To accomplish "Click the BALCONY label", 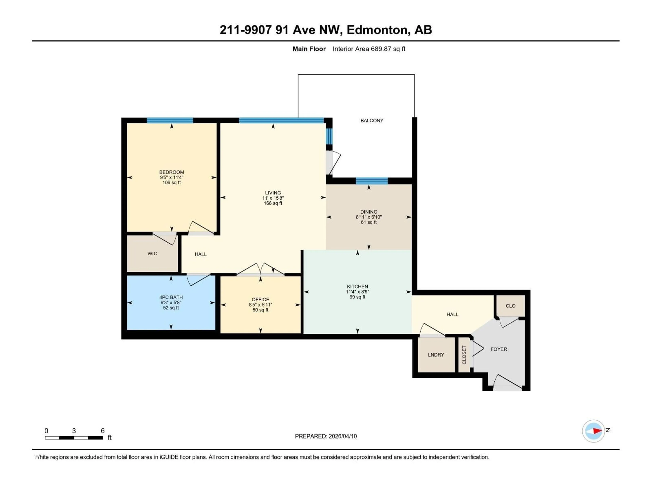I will [x=372, y=121].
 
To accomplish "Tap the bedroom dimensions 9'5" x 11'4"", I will [x=171, y=177].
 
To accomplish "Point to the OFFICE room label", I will [x=260, y=300].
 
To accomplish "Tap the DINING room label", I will [x=368, y=212].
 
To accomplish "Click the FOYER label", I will [x=499, y=349].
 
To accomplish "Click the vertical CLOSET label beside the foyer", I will [x=464, y=355].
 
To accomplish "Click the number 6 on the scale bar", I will [x=103, y=431].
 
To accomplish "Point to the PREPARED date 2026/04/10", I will [x=326, y=436].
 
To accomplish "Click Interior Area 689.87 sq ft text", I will [x=369, y=49].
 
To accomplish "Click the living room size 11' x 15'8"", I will [x=273, y=198].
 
